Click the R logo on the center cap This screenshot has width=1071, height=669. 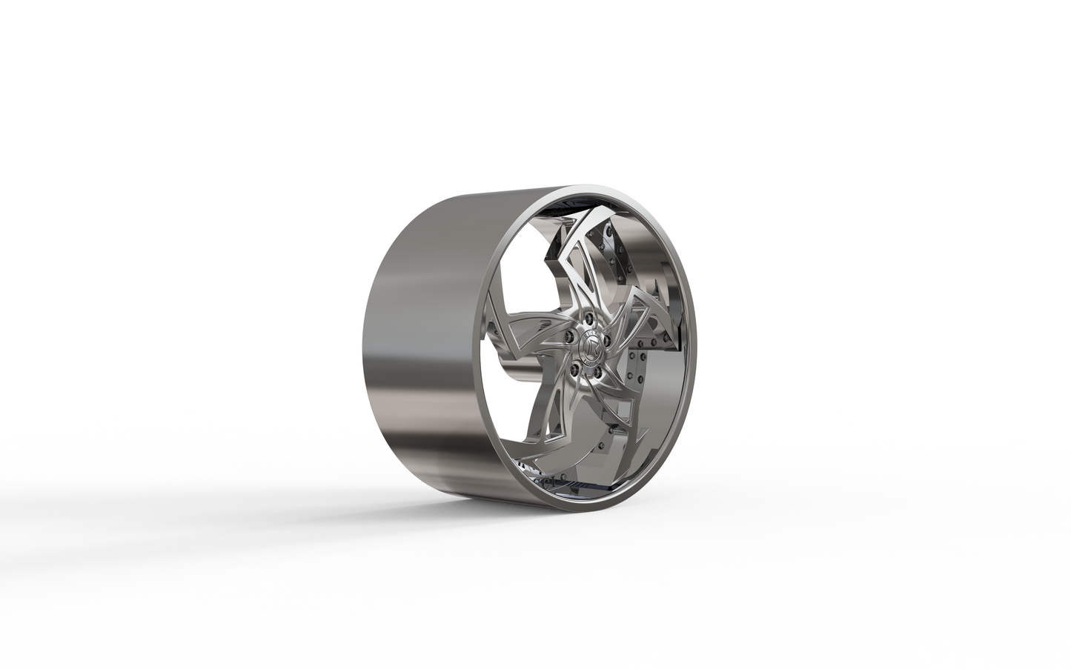[585, 347]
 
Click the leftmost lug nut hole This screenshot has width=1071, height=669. [568, 337]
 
